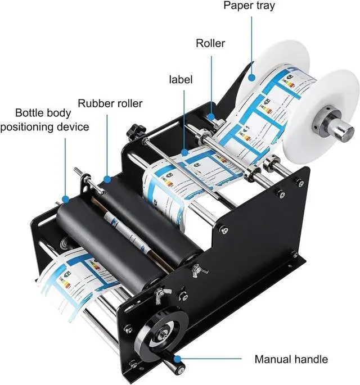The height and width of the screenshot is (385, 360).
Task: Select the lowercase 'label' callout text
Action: (x=181, y=79)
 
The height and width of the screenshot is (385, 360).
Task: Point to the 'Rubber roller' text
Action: (x=110, y=103)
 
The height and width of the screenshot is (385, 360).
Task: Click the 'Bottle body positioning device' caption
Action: (x=44, y=119)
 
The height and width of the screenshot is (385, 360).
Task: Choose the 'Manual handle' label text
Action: (x=291, y=359)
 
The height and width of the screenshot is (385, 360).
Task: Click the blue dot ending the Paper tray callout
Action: (x=250, y=83)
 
